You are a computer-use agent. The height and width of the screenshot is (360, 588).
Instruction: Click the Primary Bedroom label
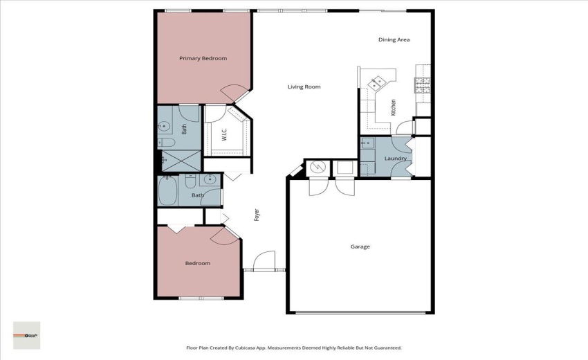point(203,59)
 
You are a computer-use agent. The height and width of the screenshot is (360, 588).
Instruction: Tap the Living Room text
point(304,87)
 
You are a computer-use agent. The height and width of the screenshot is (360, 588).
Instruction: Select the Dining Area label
point(394,39)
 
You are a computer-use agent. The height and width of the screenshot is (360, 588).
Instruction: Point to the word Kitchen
point(393,107)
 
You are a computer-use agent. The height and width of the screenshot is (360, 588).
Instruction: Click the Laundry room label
point(395,159)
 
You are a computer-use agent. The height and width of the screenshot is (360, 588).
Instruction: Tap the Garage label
point(360,246)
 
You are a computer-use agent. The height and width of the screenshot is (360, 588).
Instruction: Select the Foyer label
point(257,215)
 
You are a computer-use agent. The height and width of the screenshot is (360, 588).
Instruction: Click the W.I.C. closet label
point(225,135)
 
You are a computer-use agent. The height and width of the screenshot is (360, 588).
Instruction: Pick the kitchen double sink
point(378,83)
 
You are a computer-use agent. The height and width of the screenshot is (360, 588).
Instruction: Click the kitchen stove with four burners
point(422,85)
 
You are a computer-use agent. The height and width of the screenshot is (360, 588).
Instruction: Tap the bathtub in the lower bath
point(168,191)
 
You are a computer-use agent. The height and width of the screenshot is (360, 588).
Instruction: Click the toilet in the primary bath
point(167,143)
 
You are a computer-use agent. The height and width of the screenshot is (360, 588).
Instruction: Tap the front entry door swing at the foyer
point(263,260)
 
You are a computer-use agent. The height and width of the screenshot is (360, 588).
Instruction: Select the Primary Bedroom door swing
point(232,91)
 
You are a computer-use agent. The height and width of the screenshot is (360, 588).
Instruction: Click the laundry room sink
point(367,144)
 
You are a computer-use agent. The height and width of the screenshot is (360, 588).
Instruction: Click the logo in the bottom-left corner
point(26,335)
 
